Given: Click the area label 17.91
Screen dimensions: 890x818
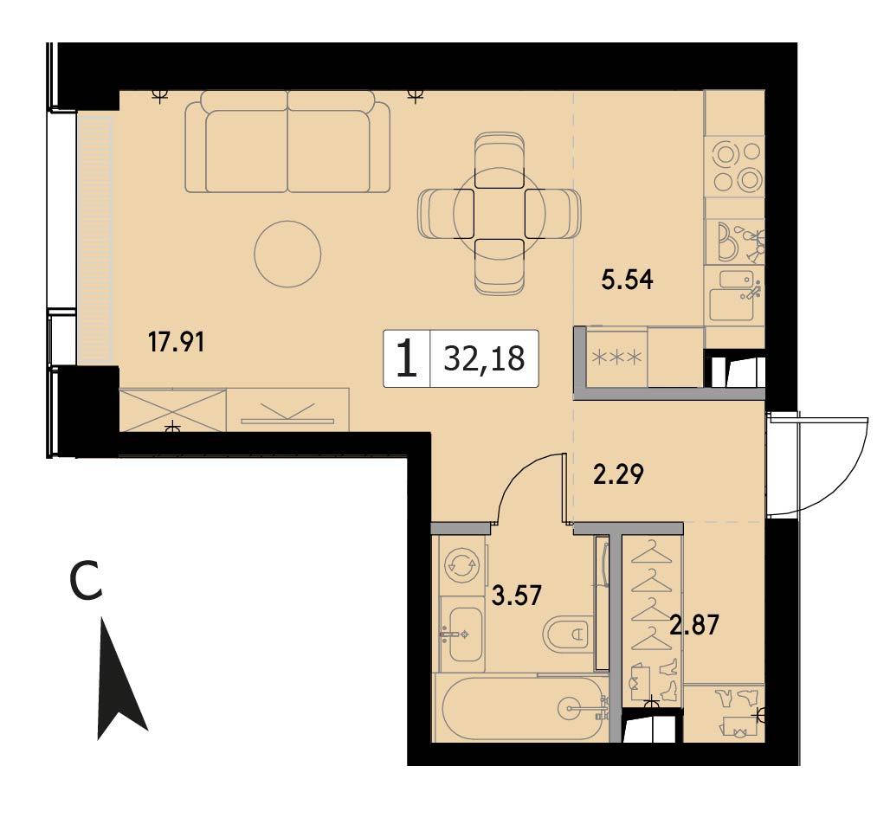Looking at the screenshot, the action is click(x=176, y=342).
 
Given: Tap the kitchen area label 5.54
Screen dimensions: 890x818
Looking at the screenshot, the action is click(x=627, y=280).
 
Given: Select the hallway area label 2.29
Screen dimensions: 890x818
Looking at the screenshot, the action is click(x=618, y=474).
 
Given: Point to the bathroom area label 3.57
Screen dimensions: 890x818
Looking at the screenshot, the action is click(x=517, y=596).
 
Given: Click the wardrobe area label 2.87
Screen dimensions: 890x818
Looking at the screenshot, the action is click(x=693, y=624).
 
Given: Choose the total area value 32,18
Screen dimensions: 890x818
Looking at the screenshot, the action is click(x=484, y=358).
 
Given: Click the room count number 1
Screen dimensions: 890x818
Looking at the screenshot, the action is click(x=407, y=358).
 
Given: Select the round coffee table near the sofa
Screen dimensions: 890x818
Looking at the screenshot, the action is click(x=287, y=254).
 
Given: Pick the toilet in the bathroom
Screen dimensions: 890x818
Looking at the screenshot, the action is click(x=568, y=634).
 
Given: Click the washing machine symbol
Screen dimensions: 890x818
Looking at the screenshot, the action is click(x=462, y=566).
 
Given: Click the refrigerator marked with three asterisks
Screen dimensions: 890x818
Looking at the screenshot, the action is click(x=617, y=357).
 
